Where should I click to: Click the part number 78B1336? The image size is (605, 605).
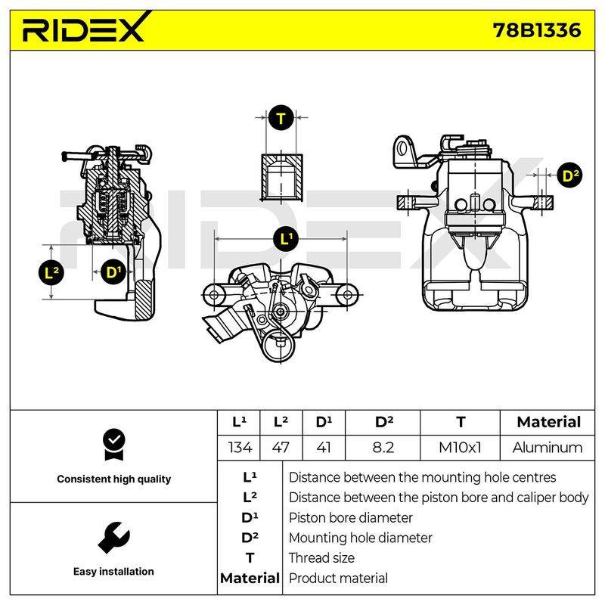click(x=537, y=30)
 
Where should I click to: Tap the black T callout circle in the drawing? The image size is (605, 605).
click(x=281, y=118)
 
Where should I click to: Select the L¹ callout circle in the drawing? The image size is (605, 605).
click(x=286, y=239)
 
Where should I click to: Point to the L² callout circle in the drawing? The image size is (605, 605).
click(x=51, y=273)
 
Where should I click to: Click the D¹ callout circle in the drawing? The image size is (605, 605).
click(x=113, y=273)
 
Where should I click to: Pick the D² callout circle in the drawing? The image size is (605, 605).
click(x=570, y=175)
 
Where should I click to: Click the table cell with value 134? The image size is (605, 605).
click(x=240, y=448)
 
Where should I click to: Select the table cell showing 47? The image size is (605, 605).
click(x=281, y=448)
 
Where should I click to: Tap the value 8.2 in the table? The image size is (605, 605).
click(x=383, y=448)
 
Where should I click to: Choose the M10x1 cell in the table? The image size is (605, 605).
click(x=460, y=448)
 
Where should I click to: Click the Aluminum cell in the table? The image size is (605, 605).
click(x=548, y=448)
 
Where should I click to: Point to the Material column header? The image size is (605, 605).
click(x=548, y=422)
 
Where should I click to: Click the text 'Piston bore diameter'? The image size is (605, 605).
click(x=351, y=518)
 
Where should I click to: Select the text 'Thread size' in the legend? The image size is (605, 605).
click(x=321, y=558)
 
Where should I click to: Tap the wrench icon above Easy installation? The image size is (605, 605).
click(x=113, y=538)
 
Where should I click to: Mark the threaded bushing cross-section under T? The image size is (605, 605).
click(x=281, y=178)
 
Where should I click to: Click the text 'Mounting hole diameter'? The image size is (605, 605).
click(x=361, y=538)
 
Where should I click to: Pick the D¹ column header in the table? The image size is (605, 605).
click(x=324, y=422)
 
